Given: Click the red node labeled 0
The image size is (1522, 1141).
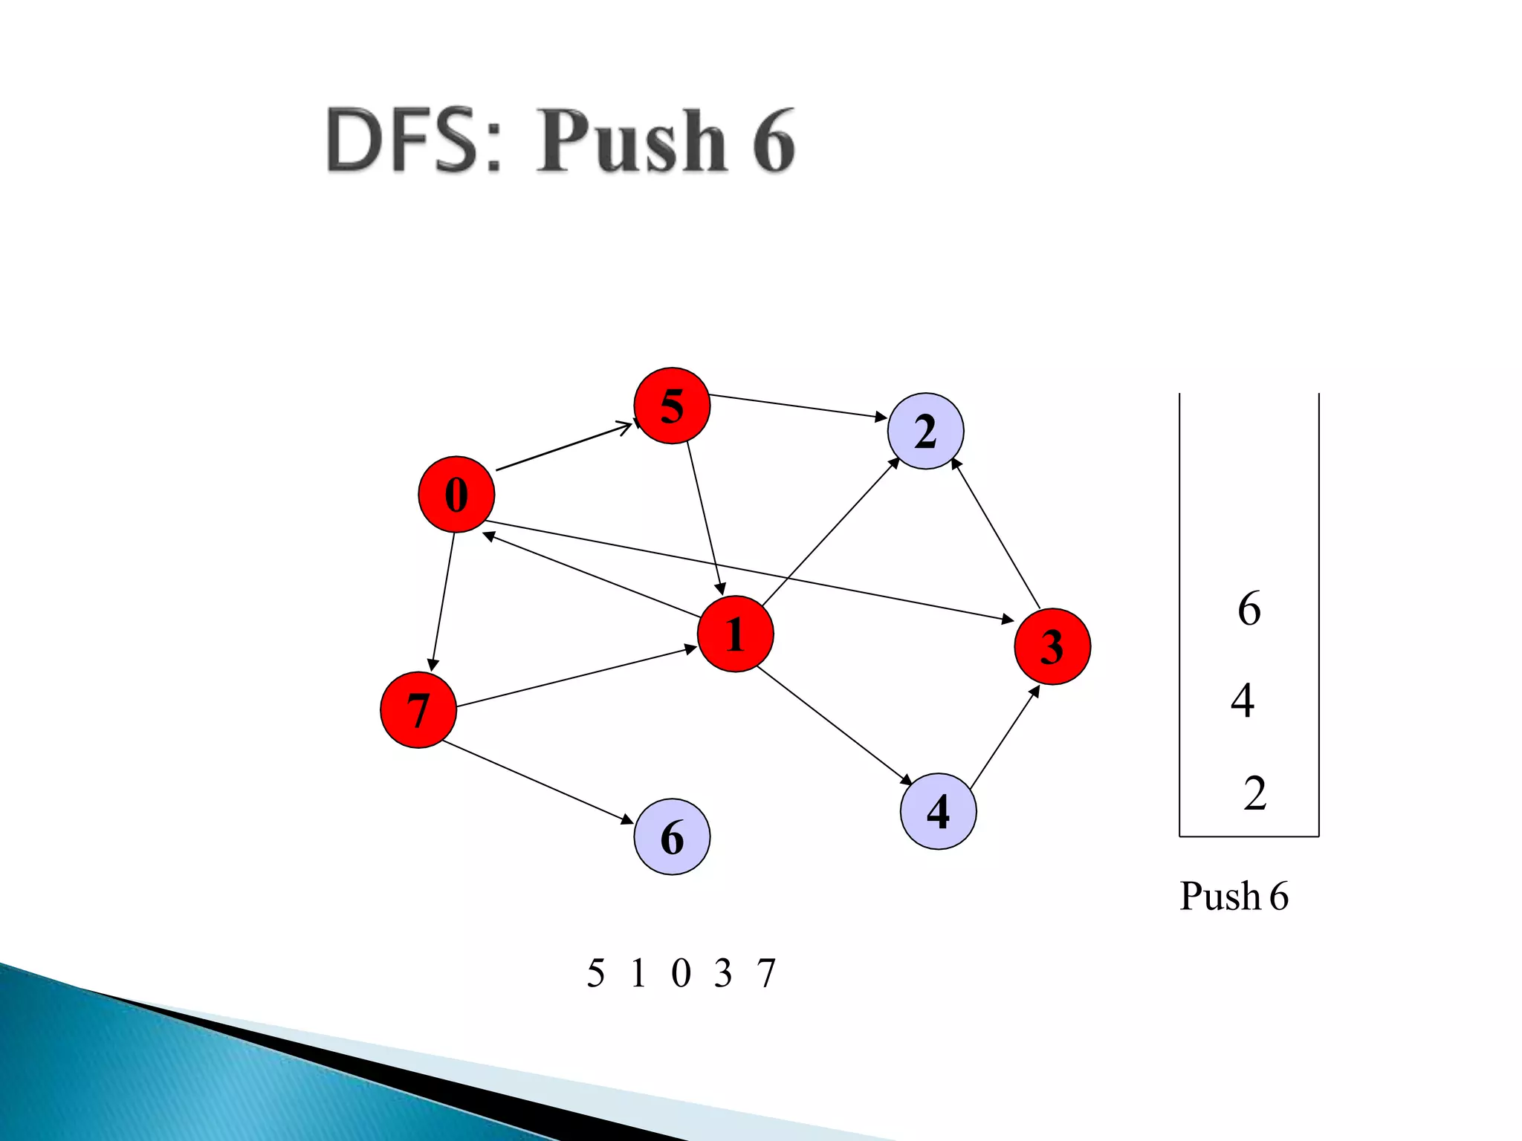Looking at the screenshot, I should tap(456, 495).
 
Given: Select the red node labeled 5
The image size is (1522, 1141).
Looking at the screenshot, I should tap(672, 406).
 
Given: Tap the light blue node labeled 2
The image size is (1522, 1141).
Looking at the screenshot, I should tap(925, 431).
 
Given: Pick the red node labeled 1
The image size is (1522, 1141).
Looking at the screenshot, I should tap(735, 634).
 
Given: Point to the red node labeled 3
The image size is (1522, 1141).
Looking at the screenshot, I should tap(1052, 646).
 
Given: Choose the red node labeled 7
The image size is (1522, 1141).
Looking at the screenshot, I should tap(418, 710).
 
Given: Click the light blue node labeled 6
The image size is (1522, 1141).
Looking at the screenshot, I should tap(672, 837).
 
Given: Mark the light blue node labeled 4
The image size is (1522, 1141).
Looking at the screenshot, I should tap(938, 811).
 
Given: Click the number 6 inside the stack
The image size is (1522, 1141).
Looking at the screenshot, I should tap(1249, 609).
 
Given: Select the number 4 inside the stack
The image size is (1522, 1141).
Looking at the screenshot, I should tap(1243, 700).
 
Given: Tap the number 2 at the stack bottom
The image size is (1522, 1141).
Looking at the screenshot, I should tap(1254, 793).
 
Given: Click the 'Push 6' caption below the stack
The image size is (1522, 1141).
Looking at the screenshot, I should tap(1234, 896).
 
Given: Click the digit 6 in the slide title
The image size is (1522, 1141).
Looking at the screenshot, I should tap(773, 141).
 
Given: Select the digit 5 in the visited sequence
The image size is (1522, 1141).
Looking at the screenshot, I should tap(595, 973).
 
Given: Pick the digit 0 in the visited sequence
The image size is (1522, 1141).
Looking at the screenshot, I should tap(681, 973).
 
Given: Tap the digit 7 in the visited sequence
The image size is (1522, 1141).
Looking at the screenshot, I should tap(766, 973).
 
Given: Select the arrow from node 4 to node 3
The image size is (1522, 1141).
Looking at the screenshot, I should tap(1005, 737).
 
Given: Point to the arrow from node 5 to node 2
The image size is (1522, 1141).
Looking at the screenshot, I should tap(798, 406).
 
